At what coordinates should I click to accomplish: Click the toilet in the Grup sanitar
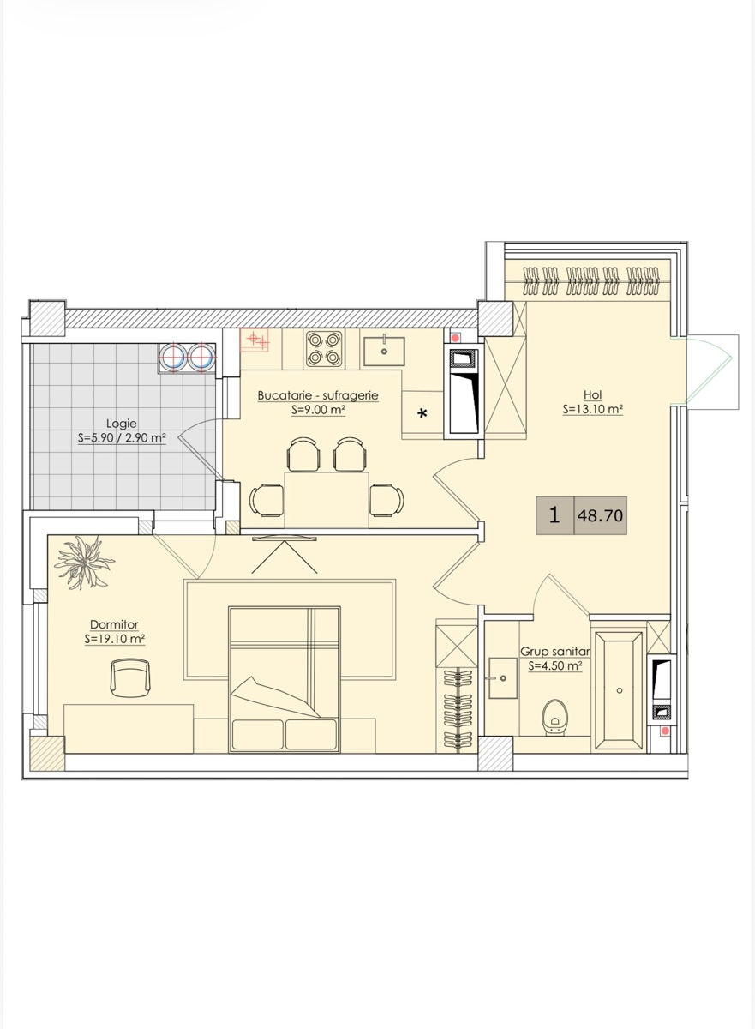[554, 718]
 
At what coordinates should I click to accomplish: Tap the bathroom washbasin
[503, 678]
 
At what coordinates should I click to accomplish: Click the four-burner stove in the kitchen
[325, 349]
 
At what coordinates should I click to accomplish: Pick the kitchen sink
[384, 352]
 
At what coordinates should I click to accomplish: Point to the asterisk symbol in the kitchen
[422, 414]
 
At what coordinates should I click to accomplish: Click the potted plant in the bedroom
[84, 563]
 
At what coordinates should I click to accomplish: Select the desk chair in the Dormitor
[130, 677]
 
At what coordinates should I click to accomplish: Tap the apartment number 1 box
[554, 515]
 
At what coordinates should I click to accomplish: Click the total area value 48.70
[601, 516]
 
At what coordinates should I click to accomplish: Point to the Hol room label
[593, 394]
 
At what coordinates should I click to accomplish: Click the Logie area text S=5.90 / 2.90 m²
[122, 438]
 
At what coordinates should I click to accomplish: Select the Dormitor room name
[114, 624]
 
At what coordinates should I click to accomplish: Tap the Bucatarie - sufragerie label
[318, 395]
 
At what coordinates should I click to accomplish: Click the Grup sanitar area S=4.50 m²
[555, 665]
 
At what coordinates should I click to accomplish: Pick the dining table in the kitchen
[327, 500]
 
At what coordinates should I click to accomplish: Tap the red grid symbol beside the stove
[255, 340]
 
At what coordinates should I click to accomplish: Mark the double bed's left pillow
[258, 735]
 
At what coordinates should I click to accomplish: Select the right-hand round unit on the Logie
[201, 357]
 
